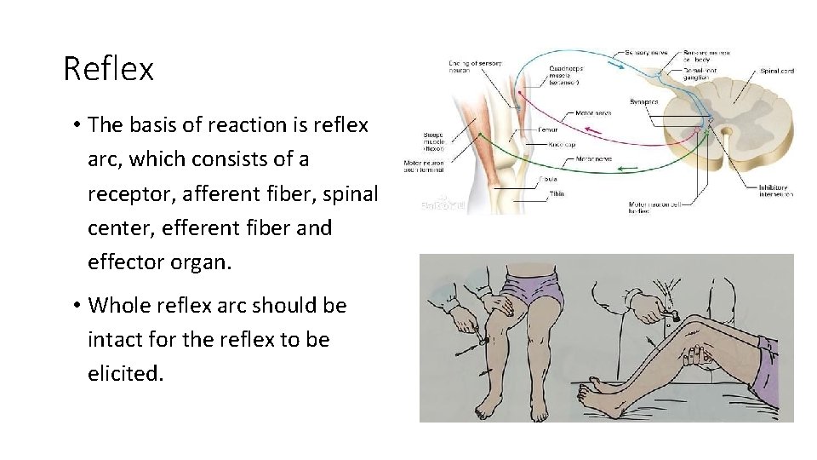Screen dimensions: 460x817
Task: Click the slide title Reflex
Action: pyautogui.click(x=108, y=69)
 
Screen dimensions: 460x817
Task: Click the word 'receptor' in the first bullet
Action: pyautogui.click(x=127, y=193)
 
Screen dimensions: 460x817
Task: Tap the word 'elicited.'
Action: pyautogui.click(x=125, y=373)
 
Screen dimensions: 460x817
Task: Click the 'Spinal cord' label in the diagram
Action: pyautogui.click(x=776, y=72)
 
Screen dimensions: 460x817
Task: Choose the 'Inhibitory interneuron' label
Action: pyautogui.click(x=775, y=191)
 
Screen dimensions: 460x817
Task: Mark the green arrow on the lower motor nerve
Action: pyautogui.click(x=634, y=170)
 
